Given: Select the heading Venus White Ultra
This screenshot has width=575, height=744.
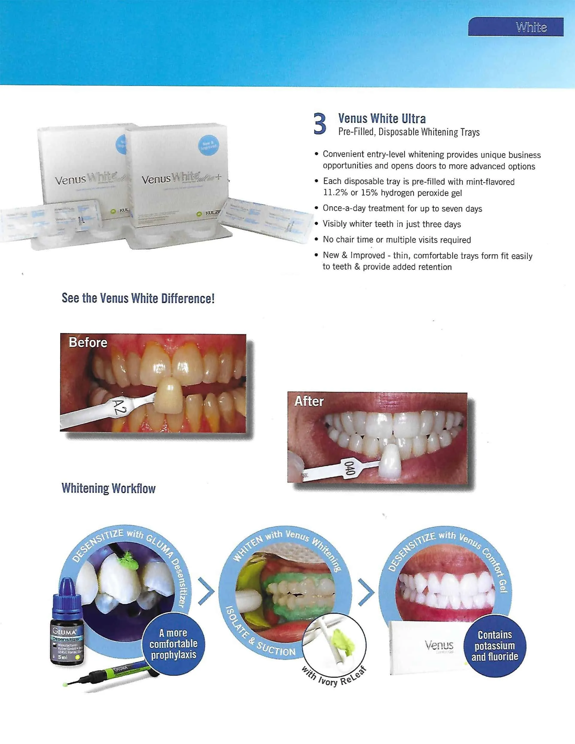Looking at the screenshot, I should tap(382, 119).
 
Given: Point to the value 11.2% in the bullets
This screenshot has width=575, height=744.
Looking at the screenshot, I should tap(335, 193).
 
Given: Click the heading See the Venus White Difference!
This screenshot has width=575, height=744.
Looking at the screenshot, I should tap(138, 298).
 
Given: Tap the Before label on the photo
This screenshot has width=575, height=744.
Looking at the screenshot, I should tap(88, 343).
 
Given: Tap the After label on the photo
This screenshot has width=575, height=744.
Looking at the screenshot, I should tap(309, 401).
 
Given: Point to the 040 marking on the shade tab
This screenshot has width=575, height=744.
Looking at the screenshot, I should tap(350, 467).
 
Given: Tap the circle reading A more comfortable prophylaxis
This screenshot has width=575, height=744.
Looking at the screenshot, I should tap(173, 643).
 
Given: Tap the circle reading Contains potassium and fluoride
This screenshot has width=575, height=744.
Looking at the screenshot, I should tap(494, 645).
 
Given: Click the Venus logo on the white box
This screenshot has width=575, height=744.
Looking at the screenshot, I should tap(439, 645).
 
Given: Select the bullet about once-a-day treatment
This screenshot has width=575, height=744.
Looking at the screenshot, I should tap(402, 208).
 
